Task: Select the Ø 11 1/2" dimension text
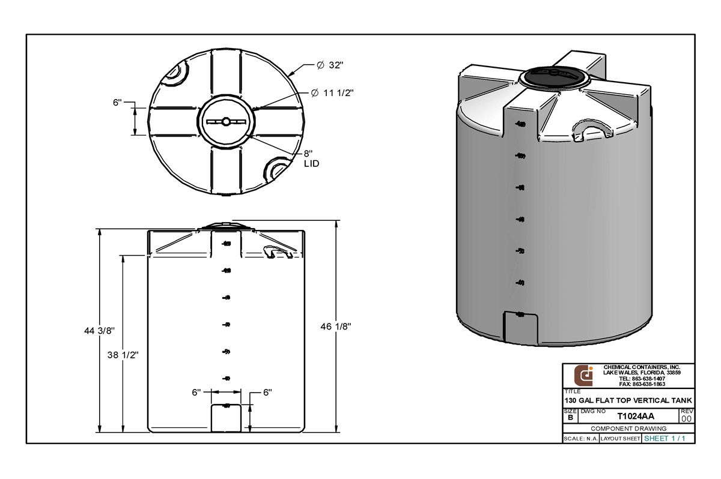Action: click(332, 93)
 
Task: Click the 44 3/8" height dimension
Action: click(99, 331)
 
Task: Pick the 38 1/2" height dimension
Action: click(123, 354)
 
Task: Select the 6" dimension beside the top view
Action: click(117, 103)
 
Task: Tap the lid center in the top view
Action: click(226, 121)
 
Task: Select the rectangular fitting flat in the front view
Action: click(225, 418)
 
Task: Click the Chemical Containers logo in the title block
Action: click(583, 376)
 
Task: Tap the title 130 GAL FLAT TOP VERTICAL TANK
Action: click(628, 400)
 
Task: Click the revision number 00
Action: click(687, 418)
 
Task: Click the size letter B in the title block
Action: click(570, 418)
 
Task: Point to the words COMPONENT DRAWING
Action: click(628, 429)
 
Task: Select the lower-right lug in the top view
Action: click(278, 169)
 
